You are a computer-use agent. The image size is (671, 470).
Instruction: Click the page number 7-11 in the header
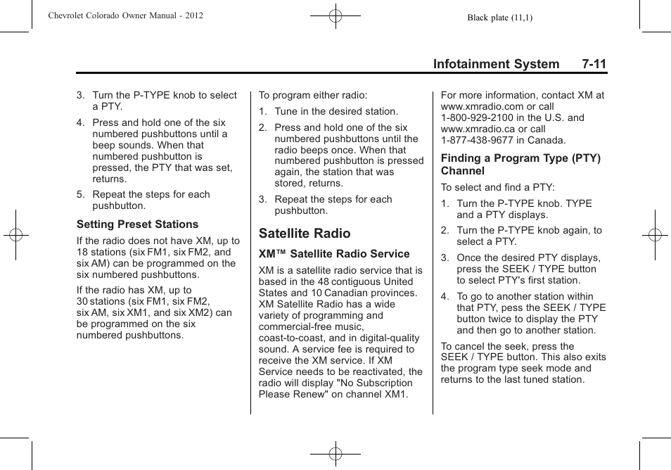(594, 64)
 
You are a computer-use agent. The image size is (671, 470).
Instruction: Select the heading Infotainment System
(496, 64)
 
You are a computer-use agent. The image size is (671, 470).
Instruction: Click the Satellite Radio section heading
(304, 233)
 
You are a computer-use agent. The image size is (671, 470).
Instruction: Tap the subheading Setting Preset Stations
(137, 224)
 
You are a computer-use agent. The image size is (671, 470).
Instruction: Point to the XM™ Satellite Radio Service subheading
(333, 254)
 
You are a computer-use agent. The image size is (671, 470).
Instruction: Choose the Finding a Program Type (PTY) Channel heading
(520, 165)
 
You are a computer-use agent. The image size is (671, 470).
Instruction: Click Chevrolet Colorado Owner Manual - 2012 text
(125, 15)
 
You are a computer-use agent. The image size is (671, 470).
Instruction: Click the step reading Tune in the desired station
(335, 111)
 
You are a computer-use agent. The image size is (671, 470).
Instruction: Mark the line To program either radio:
(313, 95)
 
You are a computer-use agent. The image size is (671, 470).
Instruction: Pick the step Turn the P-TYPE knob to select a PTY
(164, 101)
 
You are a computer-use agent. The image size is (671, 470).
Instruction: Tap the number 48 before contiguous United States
(324, 281)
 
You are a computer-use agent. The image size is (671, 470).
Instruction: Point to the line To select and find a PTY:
(498, 187)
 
